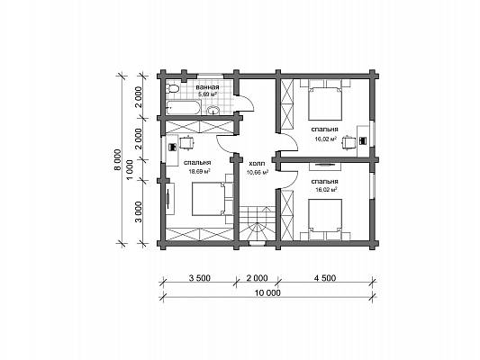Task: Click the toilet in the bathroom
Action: [172, 88]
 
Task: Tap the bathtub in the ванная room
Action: [183, 108]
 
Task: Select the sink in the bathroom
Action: [213, 110]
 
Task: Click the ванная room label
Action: [207, 87]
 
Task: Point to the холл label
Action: [258, 164]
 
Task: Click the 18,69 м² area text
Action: [199, 172]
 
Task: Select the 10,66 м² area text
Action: [258, 173]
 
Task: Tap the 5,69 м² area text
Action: [207, 94]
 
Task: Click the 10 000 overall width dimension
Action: [267, 292]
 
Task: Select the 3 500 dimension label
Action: [200, 278]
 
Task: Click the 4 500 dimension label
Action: [325, 278]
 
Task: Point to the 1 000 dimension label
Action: [130, 170]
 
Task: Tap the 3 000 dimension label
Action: [139, 212]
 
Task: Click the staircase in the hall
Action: [258, 223]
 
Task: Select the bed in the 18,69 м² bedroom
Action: [209, 199]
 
